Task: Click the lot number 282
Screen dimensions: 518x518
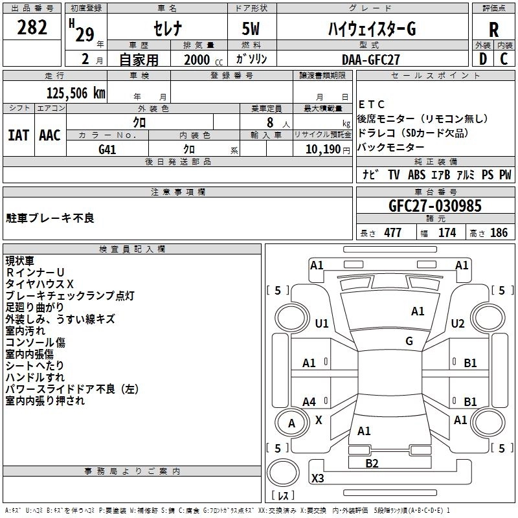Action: click(x=32, y=28)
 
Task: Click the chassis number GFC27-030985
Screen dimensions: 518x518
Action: click(x=435, y=206)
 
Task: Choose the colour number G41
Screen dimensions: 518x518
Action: click(x=107, y=148)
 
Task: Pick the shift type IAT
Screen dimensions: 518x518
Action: click(x=18, y=135)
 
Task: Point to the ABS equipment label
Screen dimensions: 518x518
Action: click(x=416, y=175)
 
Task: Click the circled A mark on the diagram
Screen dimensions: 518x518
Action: click(x=291, y=423)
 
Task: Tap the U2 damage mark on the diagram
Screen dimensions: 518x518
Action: click(x=458, y=323)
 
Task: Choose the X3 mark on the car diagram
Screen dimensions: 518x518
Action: click(x=318, y=479)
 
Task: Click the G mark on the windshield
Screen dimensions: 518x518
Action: click(x=409, y=341)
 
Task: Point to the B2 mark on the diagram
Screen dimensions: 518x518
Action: click(x=372, y=462)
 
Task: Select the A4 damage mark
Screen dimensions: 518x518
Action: click(x=310, y=402)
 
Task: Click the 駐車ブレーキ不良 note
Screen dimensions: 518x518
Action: click(x=50, y=218)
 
